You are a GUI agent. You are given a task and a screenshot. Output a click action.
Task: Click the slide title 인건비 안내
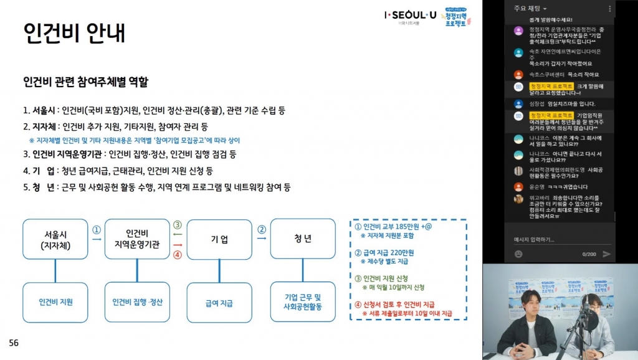[74, 32]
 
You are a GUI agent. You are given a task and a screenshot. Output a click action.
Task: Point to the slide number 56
[14, 343]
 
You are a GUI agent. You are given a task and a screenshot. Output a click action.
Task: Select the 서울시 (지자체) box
[55, 239]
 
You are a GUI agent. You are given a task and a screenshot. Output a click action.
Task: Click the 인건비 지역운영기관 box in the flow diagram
[137, 239]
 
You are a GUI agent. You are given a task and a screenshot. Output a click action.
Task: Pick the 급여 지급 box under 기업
[219, 303]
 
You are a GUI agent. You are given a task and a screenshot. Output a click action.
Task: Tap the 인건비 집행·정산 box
[137, 302]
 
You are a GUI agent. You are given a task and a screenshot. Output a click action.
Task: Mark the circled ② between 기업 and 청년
[262, 229]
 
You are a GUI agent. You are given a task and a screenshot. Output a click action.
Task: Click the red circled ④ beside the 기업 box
[178, 253]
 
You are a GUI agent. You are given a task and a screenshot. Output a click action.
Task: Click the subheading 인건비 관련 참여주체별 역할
[85, 82]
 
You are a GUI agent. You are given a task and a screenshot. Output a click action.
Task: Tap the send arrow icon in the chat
[607, 254]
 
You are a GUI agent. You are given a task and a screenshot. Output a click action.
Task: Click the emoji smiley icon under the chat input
[518, 254]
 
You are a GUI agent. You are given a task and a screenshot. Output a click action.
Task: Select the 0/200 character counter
[589, 254]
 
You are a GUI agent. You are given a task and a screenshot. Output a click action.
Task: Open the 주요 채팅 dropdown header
[530, 8]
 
